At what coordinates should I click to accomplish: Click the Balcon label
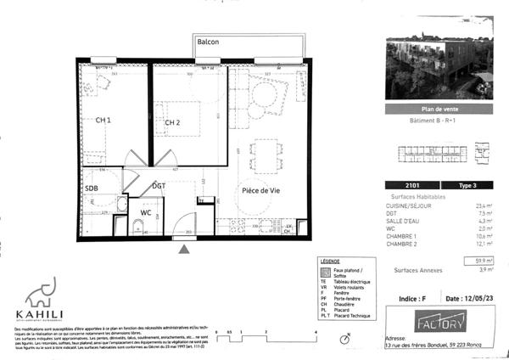[x=209, y=41]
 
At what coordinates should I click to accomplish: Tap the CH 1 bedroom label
[x=103, y=121]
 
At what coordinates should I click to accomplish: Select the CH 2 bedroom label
[x=173, y=123]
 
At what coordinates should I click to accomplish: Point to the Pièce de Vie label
[x=260, y=191]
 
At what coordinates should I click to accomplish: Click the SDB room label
[x=92, y=188]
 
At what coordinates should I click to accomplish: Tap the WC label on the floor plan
[x=146, y=213]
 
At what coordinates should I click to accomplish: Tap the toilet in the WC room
[x=137, y=225]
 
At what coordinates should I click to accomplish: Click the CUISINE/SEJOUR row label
[x=405, y=205]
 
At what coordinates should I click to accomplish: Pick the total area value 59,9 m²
[x=484, y=260]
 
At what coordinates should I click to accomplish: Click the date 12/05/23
[x=469, y=299]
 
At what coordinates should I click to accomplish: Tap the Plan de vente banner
[x=439, y=110]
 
